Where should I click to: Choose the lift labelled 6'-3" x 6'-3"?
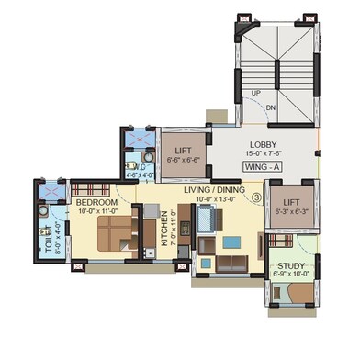point(290,208)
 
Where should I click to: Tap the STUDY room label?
point(291,264)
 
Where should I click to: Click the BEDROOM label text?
point(96,201)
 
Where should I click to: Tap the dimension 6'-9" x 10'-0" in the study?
point(291,273)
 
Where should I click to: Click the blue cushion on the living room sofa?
point(231,242)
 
